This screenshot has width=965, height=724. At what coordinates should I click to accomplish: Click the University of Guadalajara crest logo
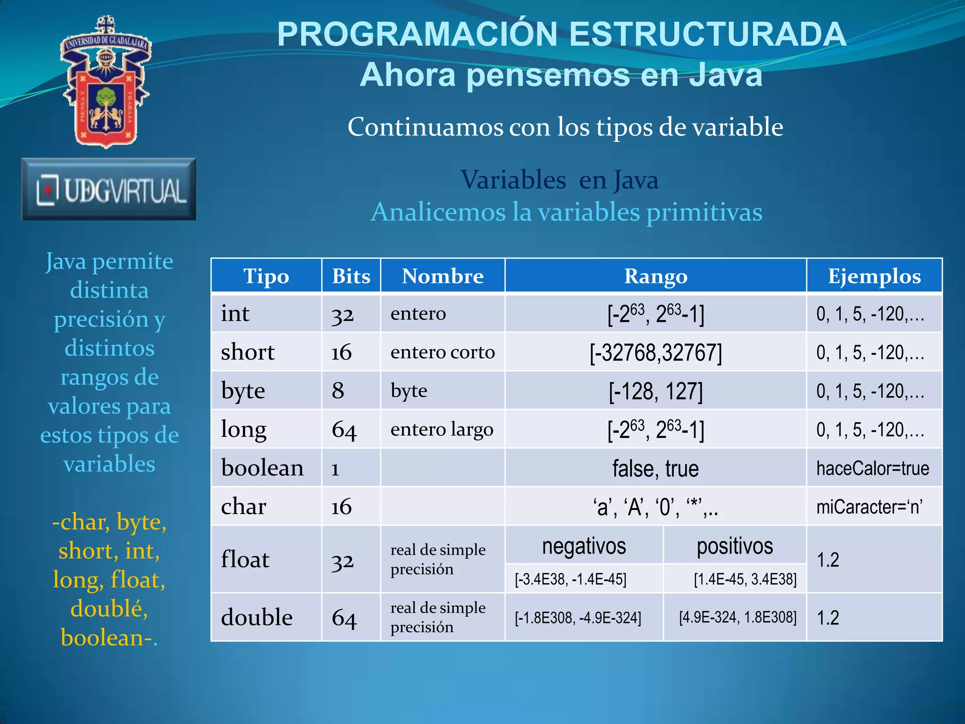tap(106, 82)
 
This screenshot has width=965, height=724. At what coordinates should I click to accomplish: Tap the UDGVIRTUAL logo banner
tap(109, 189)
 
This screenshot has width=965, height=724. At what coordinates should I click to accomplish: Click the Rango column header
tap(655, 276)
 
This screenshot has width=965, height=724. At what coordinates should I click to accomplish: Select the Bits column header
tap(351, 276)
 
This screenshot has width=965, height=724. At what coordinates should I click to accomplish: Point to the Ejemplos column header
tap(874, 276)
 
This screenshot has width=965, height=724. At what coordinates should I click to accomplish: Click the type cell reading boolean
tap(262, 468)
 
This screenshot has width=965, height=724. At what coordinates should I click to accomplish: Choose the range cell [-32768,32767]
tap(655, 353)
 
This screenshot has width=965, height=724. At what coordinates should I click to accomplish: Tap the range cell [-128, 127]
tap(655, 391)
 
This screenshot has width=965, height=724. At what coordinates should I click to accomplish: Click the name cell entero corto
tap(442, 352)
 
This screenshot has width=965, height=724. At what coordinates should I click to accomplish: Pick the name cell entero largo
tap(442, 429)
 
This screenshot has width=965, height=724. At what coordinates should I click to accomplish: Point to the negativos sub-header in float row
tap(584, 546)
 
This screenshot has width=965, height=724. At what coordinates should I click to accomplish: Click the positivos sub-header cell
tap(735, 546)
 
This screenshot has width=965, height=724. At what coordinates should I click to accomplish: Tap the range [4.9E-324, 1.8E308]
tap(737, 617)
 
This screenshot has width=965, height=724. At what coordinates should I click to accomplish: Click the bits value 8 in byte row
tap(338, 391)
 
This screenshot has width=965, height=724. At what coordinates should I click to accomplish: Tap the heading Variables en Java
tap(559, 180)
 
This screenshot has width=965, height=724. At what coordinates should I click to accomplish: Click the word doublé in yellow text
tap(109, 609)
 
